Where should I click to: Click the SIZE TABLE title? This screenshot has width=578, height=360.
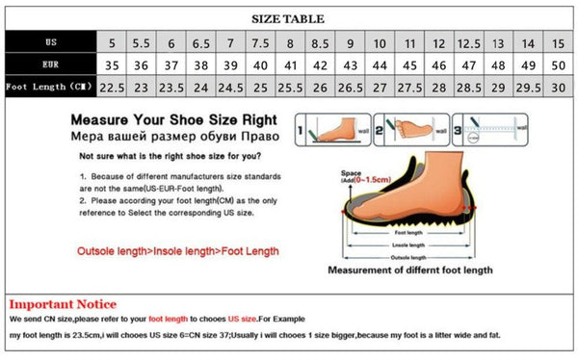pyautogui.click(x=288, y=18)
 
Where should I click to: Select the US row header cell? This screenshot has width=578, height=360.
pyautogui.click(x=49, y=42)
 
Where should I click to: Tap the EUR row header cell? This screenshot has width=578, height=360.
pyautogui.click(x=49, y=64)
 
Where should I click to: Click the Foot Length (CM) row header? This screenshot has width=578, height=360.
pyautogui.click(x=49, y=87)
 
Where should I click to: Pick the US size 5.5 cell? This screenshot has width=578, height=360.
pyautogui.click(x=141, y=43)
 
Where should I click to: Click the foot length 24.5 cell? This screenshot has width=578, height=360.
pyautogui.click(x=230, y=88)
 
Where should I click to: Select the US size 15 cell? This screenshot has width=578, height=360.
pyautogui.click(x=557, y=43)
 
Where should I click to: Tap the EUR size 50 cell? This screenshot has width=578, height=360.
pyautogui.click(x=557, y=65)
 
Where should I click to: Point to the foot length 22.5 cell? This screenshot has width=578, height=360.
pyautogui.click(x=112, y=88)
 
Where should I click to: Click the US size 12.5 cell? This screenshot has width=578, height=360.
pyautogui.click(x=468, y=43)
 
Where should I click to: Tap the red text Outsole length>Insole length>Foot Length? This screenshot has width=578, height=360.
pyautogui.click(x=178, y=251)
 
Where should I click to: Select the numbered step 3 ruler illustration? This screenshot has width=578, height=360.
pyautogui.click(x=490, y=130)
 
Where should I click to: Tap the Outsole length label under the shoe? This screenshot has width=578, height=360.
pyautogui.click(x=407, y=256)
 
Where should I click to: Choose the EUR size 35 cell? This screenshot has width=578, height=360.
pyautogui.click(x=112, y=65)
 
